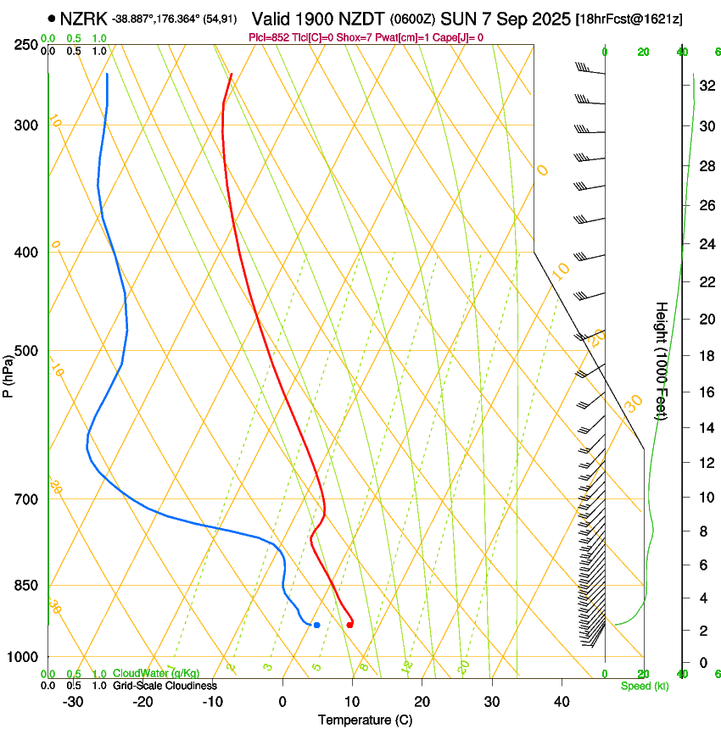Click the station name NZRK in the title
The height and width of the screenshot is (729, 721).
point(84,19)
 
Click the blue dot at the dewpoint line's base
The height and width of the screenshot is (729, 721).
point(316,625)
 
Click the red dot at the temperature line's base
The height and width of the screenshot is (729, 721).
point(349,625)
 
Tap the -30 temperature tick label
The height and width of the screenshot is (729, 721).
point(73,702)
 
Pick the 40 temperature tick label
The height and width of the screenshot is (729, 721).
point(561,702)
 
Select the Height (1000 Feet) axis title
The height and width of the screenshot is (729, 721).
point(662,360)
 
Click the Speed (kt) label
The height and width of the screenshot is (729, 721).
point(645,686)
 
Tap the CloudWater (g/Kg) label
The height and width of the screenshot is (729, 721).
point(157,673)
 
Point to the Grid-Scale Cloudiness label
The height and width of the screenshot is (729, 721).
point(164,686)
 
